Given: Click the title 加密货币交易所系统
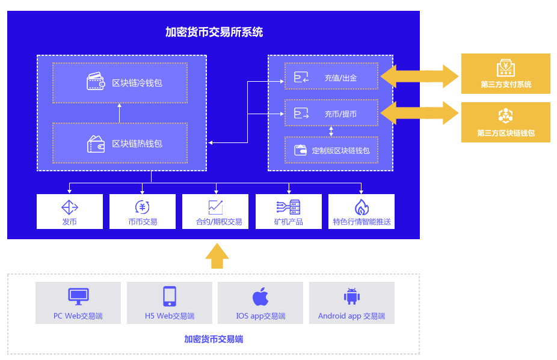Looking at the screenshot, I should click(x=214, y=32).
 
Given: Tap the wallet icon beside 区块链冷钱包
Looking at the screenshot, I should click(x=96, y=82).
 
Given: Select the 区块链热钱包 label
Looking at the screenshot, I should click(x=137, y=144).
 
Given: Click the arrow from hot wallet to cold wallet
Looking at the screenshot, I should click(x=120, y=113).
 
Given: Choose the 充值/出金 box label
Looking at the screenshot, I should click(x=340, y=78).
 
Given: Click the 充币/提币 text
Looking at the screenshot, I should click(x=340, y=114).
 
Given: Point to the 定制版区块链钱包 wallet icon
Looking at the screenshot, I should click(x=300, y=150).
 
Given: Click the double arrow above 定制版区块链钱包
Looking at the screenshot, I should click(x=331, y=131).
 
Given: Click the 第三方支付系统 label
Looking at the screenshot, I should click(x=505, y=85).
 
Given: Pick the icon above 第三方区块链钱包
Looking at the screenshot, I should click(x=505, y=115).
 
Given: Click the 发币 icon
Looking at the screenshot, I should click(x=70, y=207).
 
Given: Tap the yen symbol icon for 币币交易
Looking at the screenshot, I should click(x=143, y=207).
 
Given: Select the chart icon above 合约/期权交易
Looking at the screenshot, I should click(x=215, y=207).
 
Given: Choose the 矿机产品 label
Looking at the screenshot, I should click(x=288, y=222).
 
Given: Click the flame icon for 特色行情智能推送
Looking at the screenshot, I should click(x=362, y=207).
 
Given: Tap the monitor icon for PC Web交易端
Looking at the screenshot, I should click(x=78, y=296).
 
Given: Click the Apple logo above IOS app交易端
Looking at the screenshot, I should click(x=260, y=296).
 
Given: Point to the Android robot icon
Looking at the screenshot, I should click(x=352, y=296).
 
